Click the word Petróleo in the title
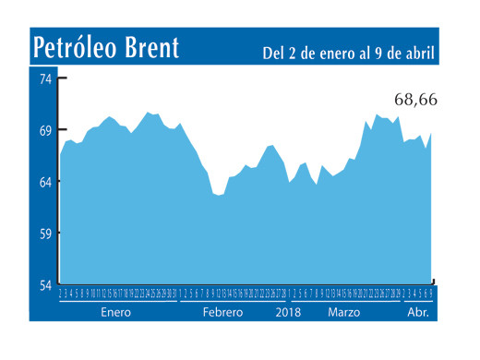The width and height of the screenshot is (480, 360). click(79, 47)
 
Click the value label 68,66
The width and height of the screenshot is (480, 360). click(406, 99)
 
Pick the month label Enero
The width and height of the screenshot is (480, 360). click(116, 313)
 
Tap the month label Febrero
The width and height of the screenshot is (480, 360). click(223, 313)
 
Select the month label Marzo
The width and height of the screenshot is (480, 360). click(344, 313)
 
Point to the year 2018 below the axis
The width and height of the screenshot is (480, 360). click(290, 313)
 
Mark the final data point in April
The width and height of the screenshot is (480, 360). click(431, 134)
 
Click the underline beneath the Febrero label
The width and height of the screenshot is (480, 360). click(231, 303)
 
